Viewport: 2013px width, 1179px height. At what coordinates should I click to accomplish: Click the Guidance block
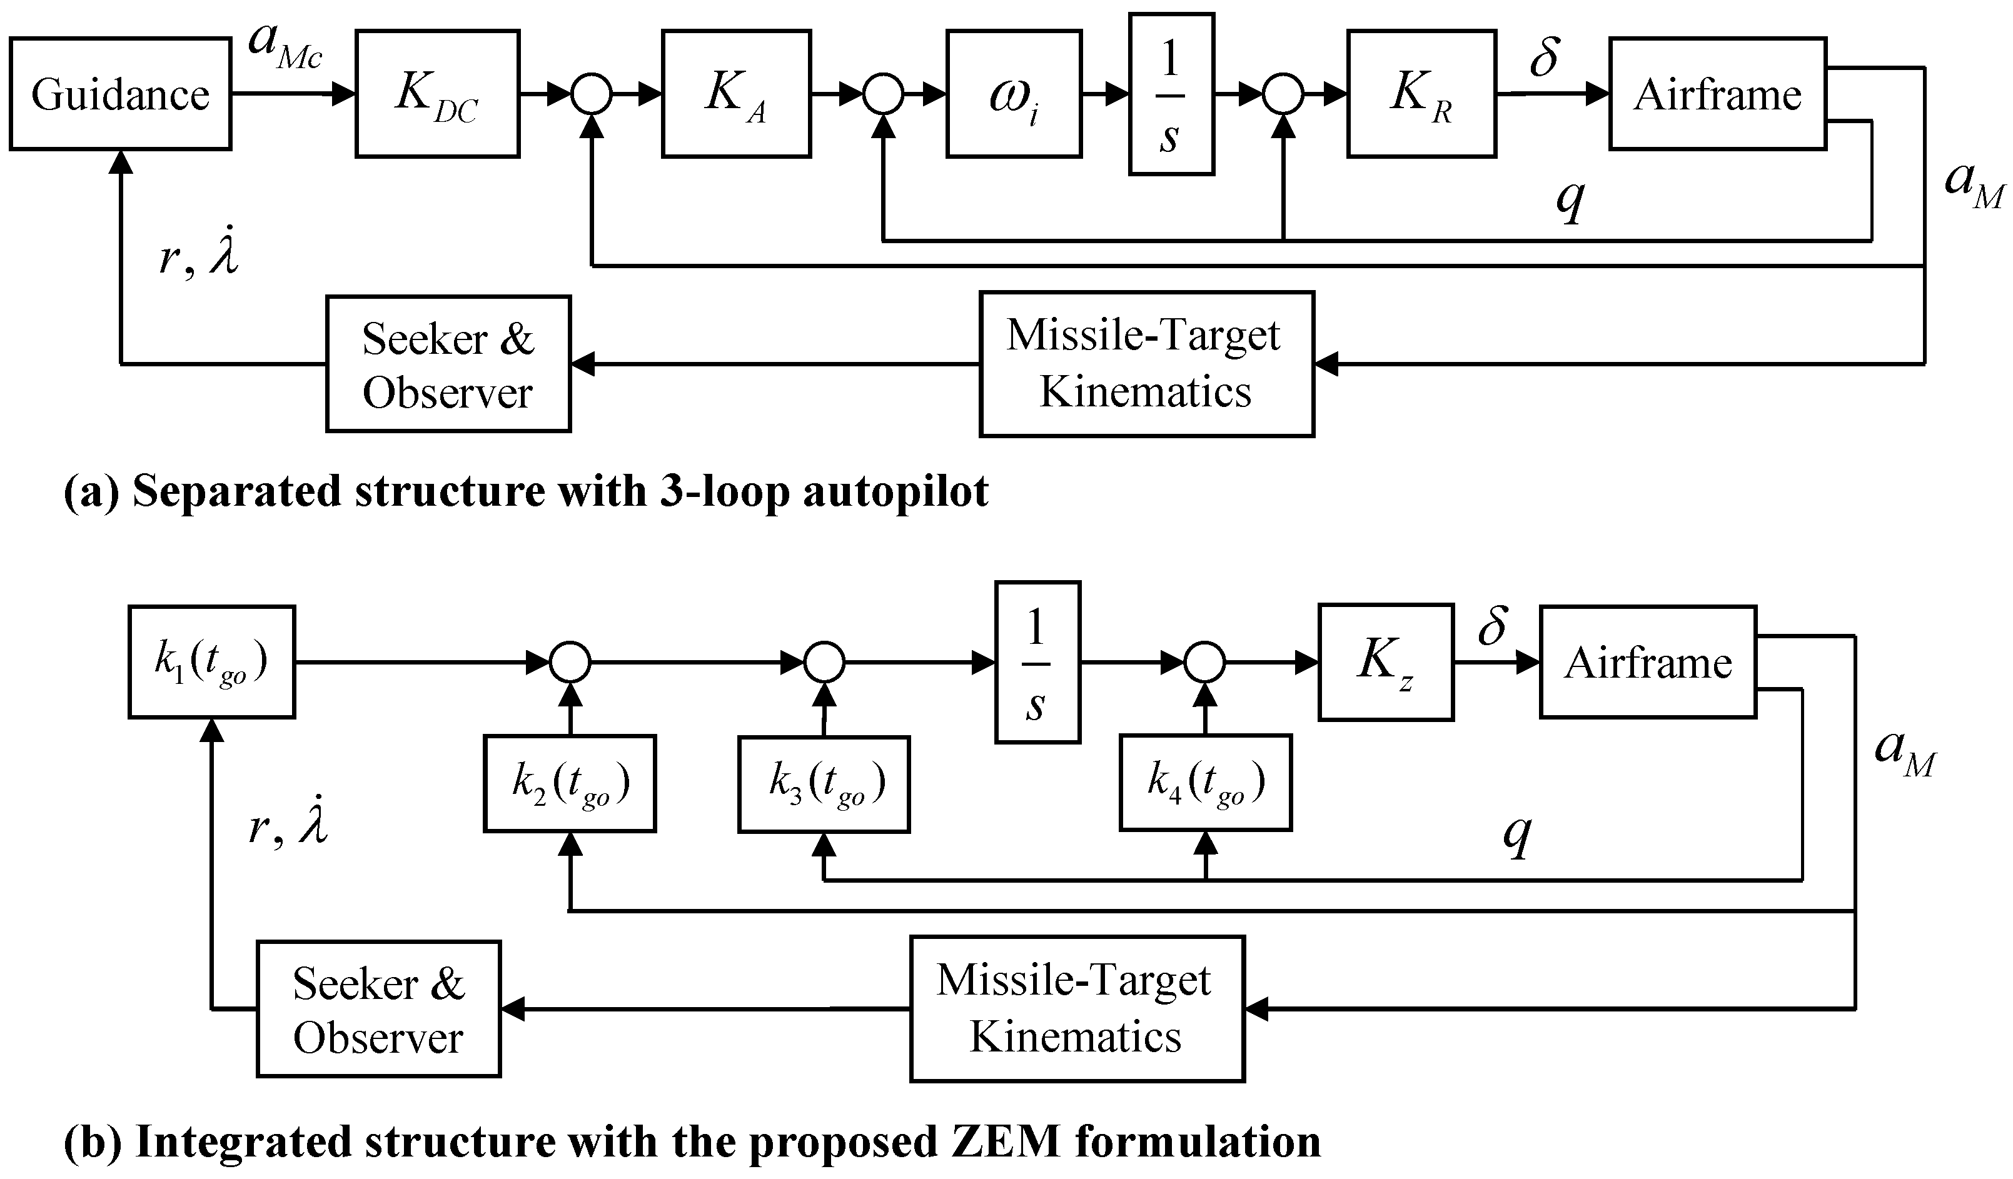120,94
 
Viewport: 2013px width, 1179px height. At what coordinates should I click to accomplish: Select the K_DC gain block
437,94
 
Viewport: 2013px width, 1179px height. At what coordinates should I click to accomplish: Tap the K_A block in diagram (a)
735,94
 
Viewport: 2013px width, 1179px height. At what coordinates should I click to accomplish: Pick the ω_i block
1014,94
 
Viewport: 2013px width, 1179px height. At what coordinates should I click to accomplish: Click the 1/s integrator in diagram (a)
1171,94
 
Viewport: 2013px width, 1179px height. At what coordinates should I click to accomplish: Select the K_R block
1421,94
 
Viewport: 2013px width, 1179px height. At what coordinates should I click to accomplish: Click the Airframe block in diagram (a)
1717,94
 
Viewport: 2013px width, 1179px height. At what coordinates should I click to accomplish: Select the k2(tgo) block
570,784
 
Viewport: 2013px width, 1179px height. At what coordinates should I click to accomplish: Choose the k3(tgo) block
824,784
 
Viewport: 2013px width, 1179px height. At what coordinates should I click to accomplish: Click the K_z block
1385,662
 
